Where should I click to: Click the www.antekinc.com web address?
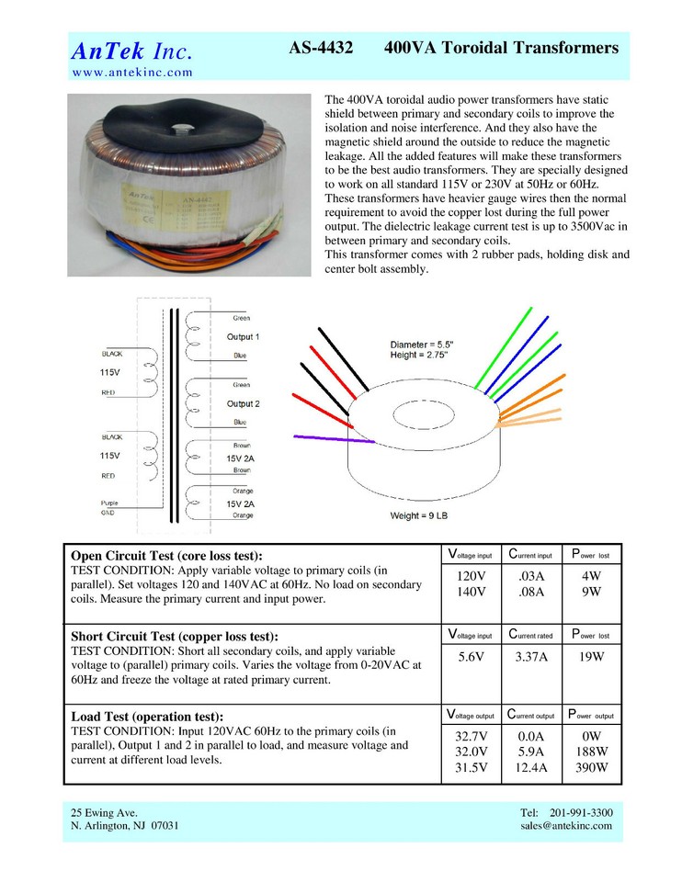(132, 72)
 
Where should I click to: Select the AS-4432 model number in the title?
(321, 48)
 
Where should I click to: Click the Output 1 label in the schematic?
(243, 337)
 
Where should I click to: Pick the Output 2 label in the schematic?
(243, 404)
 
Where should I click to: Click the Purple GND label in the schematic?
(109, 508)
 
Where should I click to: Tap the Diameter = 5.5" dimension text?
(422, 344)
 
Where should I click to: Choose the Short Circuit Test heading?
(174, 636)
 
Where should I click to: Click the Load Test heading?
(147, 716)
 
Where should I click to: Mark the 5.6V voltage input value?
(471, 657)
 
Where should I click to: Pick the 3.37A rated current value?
(531, 657)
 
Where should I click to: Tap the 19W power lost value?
(591, 657)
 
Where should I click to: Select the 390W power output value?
(591, 768)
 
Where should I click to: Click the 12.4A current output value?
(531, 768)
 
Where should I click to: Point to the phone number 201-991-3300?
(582, 813)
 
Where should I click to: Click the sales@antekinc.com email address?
(565, 826)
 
